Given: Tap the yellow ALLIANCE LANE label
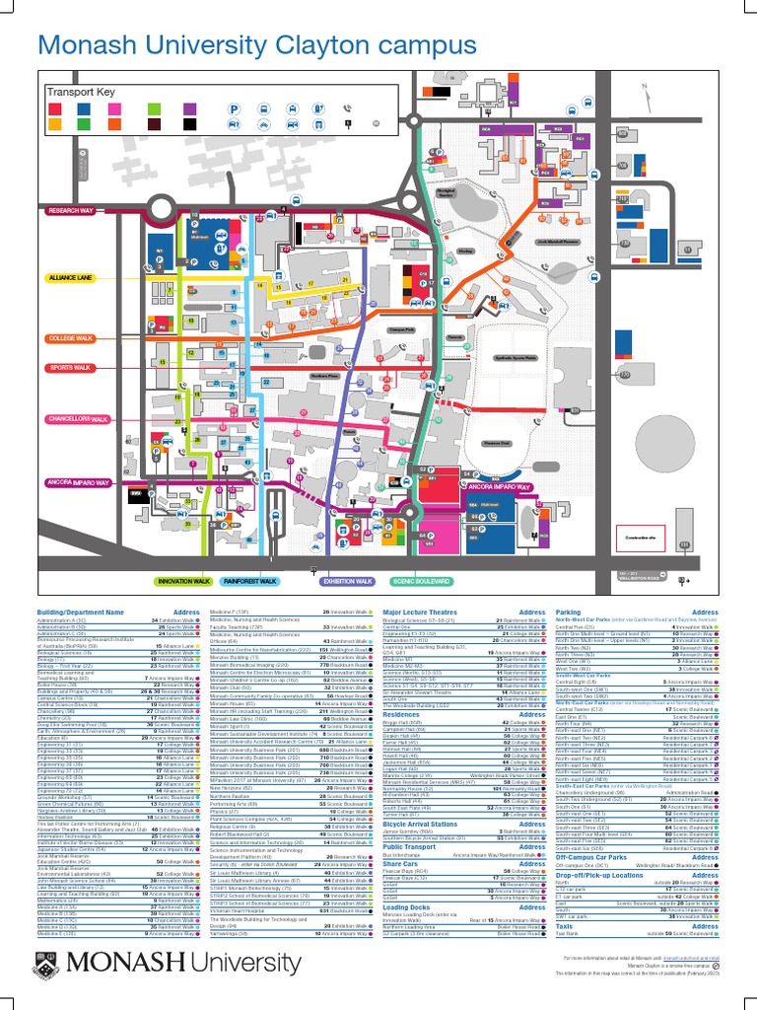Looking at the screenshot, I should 69,278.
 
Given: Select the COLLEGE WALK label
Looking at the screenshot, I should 69,338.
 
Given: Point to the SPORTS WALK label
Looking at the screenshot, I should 69,368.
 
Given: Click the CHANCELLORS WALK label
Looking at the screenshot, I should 76,419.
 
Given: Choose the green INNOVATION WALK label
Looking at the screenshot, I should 184,582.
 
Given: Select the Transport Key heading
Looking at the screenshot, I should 81,93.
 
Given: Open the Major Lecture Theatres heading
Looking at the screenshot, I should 421,613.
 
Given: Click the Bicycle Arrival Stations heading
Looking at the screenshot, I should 420,824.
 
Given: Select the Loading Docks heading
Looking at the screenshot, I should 406,906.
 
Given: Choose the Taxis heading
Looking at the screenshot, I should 565,926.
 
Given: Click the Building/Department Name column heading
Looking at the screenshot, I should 80,613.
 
